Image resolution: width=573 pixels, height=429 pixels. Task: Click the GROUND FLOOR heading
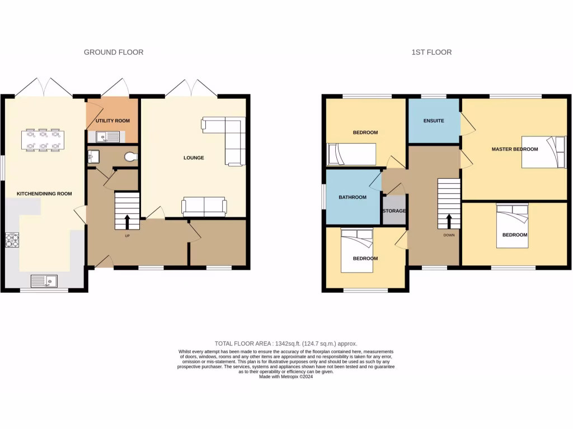(x=114, y=52)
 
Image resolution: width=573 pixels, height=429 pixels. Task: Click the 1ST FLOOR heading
(x=431, y=52)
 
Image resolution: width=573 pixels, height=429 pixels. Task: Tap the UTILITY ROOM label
(x=112, y=121)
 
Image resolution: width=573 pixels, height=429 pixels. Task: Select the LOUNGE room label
(x=194, y=158)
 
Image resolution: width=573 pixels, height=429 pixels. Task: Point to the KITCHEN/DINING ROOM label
(x=44, y=194)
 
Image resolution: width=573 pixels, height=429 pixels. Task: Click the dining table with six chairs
(x=44, y=140)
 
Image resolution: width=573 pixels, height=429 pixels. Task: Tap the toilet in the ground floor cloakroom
(x=131, y=157)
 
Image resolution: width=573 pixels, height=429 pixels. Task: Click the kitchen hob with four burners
(x=12, y=239)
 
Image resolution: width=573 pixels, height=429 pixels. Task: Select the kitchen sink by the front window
(x=44, y=280)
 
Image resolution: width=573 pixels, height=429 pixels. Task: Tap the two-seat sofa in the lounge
(x=204, y=207)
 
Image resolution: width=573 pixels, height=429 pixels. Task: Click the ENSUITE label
(x=434, y=121)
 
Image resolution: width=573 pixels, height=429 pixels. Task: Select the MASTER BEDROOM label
(x=514, y=149)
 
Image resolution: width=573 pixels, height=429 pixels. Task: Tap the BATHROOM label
(x=353, y=197)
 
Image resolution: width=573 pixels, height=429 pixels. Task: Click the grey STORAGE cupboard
(x=394, y=211)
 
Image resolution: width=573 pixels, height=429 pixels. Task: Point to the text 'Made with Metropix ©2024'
(x=286, y=376)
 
